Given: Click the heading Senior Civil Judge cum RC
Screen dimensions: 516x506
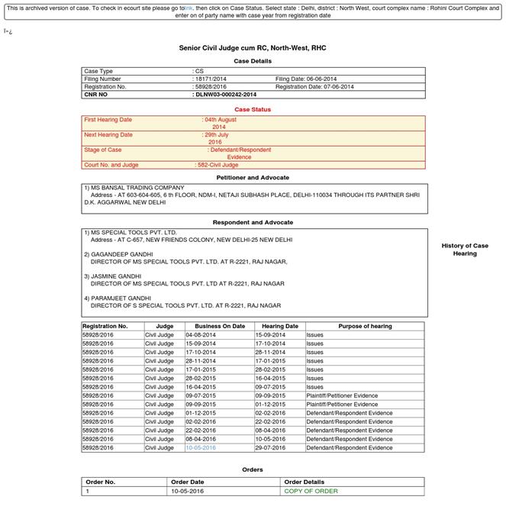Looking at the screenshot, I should (x=252, y=48).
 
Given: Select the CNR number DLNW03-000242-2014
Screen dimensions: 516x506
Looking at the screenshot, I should (x=225, y=95).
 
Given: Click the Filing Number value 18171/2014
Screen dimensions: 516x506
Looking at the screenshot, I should (x=211, y=79).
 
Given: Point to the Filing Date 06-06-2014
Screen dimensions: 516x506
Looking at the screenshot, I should (x=305, y=79).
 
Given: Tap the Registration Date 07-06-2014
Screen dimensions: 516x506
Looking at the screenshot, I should (x=314, y=87).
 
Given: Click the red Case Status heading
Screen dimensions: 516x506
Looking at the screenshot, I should (x=252, y=109).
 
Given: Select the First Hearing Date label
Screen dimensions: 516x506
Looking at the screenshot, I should (x=108, y=120).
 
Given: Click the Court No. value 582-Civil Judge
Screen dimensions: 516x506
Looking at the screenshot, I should (x=218, y=165).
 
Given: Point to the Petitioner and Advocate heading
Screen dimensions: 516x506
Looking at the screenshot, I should (x=252, y=177).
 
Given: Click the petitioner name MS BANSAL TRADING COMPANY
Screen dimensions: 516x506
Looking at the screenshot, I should (x=137, y=188).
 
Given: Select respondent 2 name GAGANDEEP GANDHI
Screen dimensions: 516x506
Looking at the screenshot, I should (x=122, y=254).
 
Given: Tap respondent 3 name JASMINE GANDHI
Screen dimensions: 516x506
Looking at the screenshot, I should (x=116, y=276).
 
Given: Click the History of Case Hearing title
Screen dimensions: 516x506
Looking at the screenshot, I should (x=464, y=250).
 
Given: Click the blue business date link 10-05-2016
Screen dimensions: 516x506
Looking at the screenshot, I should (x=200, y=448).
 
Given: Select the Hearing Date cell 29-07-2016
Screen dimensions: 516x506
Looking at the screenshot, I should (x=270, y=448).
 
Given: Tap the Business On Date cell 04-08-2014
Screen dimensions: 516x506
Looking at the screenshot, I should (x=200, y=334).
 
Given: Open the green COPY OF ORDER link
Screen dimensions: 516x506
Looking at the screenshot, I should (x=311, y=491).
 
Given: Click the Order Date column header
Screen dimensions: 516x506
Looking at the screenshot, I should (x=188, y=482).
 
